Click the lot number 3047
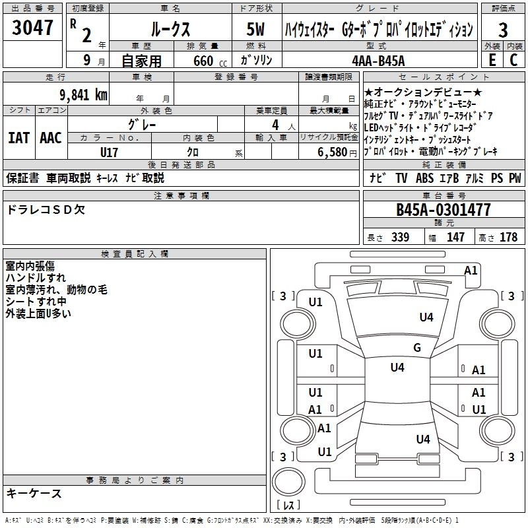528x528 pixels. tap(32, 27)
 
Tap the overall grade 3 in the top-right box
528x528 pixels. tap(503, 30)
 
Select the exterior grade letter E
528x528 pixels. tap(492, 60)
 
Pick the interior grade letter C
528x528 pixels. tap(513, 60)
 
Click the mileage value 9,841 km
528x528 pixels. tap(84, 95)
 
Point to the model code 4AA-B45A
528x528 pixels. tap(378, 61)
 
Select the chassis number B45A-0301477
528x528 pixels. tap(443, 210)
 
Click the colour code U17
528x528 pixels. tap(109, 152)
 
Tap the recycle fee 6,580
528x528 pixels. tap(333, 152)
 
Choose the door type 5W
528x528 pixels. tap(255, 29)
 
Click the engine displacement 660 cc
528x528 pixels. tap(210, 61)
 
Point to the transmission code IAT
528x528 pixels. tap(18, 138)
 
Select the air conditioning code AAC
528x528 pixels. tap(51, 138)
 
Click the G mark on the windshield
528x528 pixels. tap(417, 347)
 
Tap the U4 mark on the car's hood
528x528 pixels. tap(426, 317)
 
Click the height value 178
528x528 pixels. tap(508, 237)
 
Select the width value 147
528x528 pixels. tap(455, 237)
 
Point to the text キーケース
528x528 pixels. tap(34, 493)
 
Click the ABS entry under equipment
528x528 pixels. tap(424, 178)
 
